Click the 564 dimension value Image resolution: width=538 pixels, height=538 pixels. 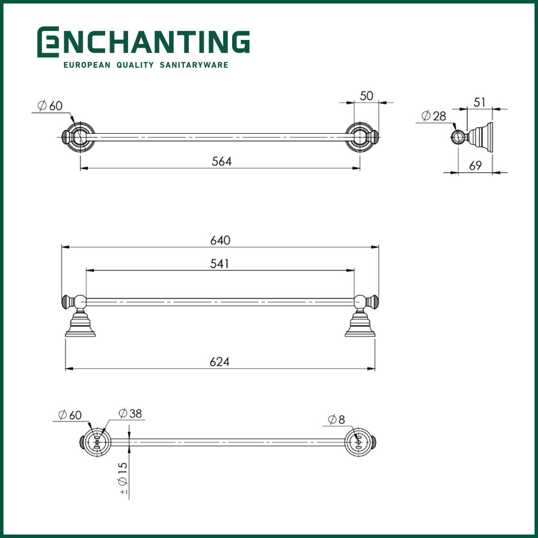click(222, 161)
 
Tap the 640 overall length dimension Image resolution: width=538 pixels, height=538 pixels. click(220, 240)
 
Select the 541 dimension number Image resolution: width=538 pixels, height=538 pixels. click(220, 264)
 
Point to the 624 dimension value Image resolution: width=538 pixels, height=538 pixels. click(220, 362)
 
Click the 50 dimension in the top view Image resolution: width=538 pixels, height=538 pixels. click(367, 96)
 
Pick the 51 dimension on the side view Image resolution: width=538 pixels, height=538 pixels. click(479, 102)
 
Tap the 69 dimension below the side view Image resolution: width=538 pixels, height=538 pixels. click(476, 166)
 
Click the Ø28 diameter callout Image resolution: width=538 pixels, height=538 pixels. click(434, 117)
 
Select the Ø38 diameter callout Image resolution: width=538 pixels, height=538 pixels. click(131, 413)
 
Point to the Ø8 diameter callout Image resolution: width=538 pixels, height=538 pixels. click(336, 420)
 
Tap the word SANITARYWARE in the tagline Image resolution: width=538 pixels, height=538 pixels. click(194, 65)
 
